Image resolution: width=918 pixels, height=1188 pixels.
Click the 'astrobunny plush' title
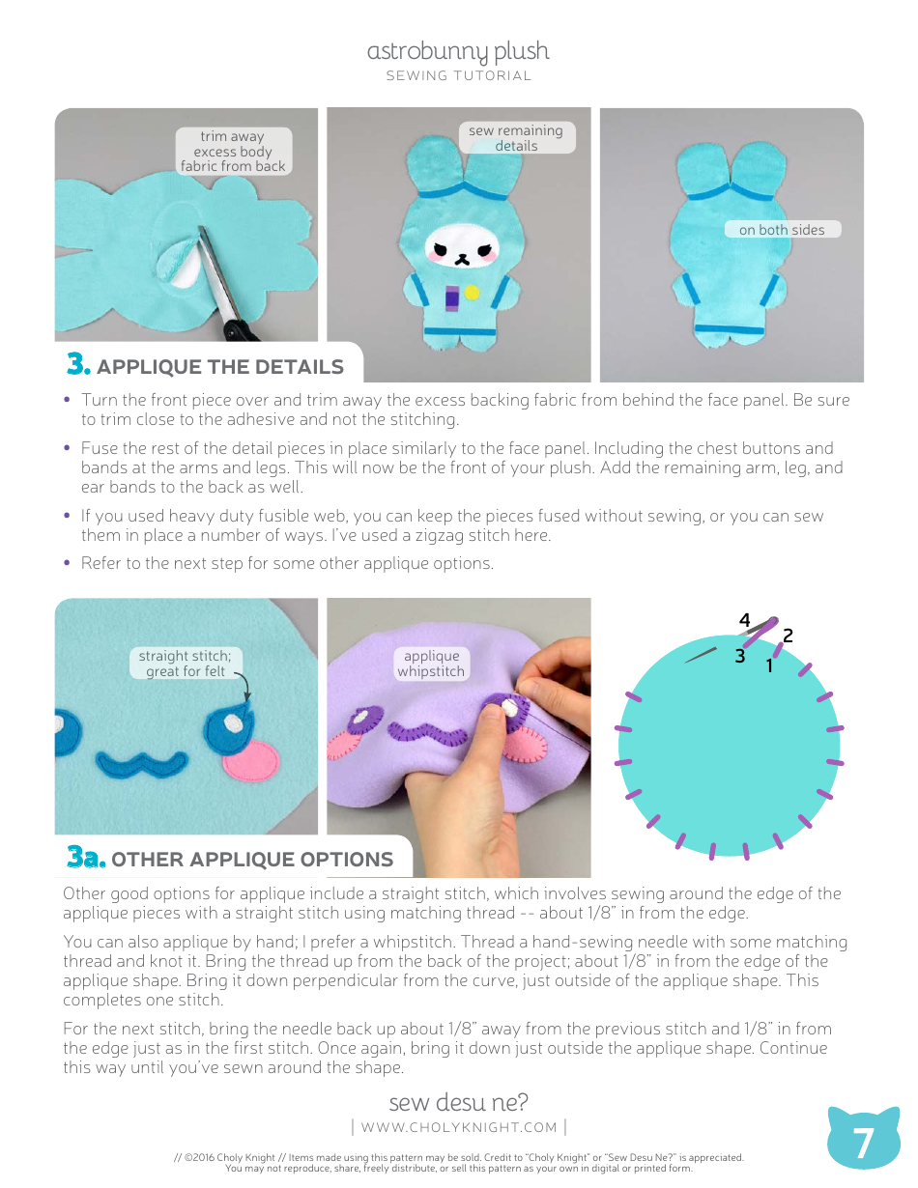[x=458, y=51]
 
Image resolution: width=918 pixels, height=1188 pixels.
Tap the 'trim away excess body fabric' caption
[x=234, y=151]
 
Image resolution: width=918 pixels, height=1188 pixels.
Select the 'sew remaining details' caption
[x=516, y=138]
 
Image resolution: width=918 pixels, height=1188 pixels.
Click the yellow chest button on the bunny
[x=472, y=293]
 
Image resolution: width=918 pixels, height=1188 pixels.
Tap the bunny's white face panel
[x=462, y=245]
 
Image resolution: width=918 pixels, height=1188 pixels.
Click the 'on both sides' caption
[x=782, y=230]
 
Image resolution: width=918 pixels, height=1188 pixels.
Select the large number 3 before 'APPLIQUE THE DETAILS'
[x=78, y=363]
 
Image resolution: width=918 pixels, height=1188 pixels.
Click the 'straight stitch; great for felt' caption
[x=186, y=664]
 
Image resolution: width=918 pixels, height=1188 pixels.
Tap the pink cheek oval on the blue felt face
[x=251, y=760]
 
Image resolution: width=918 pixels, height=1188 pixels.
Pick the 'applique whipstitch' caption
[x=431, y=664]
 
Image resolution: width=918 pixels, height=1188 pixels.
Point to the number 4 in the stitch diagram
[x=744, y=619]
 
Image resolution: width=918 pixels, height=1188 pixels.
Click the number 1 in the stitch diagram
[x=769, y=665]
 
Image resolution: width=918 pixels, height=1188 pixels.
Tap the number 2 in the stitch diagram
[x=788, y=636]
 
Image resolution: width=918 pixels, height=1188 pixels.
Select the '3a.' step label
[x=86, y=856]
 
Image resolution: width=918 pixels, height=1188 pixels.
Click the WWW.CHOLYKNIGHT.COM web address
[x=459, y=1127]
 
